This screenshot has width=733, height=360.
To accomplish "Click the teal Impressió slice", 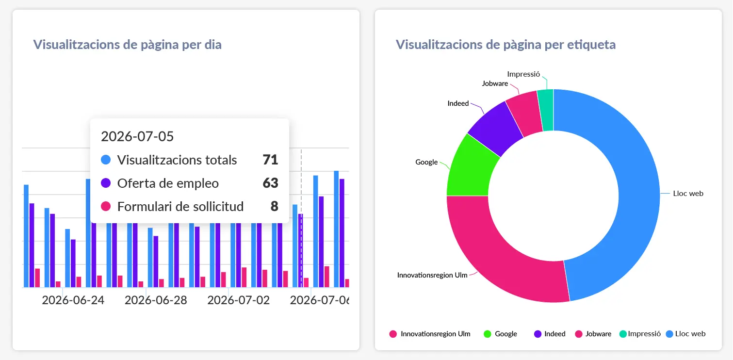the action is click(x=546, y=110).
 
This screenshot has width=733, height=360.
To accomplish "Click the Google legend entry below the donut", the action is click(x=500, y=334).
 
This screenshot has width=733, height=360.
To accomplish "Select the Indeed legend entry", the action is click(x=550, y=334).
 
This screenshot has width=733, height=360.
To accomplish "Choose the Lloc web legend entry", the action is click(x=686, y=334).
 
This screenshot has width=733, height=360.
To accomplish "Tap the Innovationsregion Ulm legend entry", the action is click(x=430, y=334).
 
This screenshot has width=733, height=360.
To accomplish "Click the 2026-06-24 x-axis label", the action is click(x=73, y=300).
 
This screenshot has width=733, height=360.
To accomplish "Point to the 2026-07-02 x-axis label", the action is click(x=239, y=300).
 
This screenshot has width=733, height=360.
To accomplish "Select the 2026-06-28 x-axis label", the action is click(x=156, y=300).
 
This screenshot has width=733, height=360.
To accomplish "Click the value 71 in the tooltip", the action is click(x=270, y=160).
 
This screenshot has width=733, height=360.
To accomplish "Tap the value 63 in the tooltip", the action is click(x=270, y=183).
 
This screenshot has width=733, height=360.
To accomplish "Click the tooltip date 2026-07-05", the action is click(x=137, y=136).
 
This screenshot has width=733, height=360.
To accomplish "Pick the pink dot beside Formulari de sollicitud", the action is click(x=106, y=206).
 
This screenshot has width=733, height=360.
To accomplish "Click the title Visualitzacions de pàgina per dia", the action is click(x=127, y=45).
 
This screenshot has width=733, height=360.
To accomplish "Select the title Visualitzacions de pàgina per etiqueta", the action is click(x=505, y=45).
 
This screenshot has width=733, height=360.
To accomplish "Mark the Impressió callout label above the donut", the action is click(x=523, y=74).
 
